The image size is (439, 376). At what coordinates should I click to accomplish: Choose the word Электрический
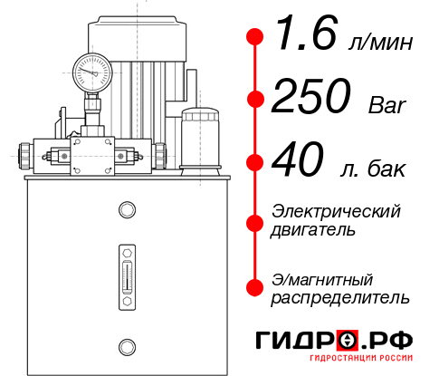(x=336, y=211)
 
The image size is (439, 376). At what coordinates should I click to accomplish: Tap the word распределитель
(x=340, y=296)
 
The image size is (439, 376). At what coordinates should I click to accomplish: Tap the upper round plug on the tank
(x=127, y=211)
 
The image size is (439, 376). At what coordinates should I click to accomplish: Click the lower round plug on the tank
(x=127, y=344)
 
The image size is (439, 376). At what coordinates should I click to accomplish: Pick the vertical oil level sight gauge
(x=127, y=272)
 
